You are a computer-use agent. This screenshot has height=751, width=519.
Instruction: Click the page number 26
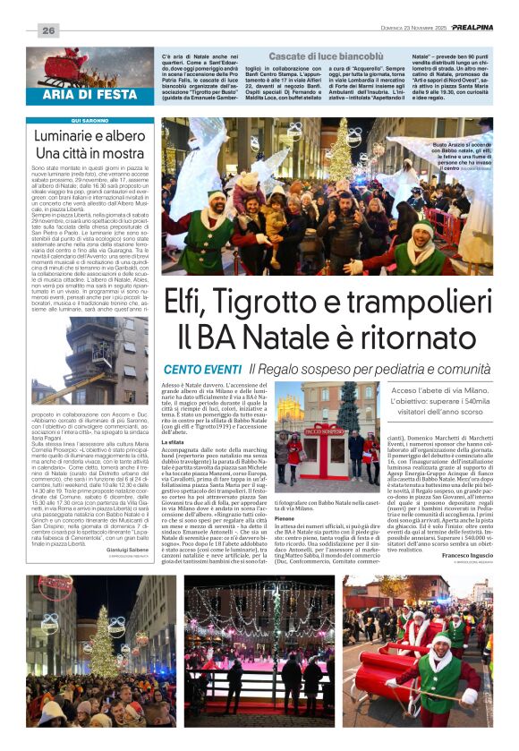click(47, 30)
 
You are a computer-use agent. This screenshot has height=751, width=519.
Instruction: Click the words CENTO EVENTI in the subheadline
click(202, 369)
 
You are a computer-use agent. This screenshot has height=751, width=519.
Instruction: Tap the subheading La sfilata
click(174, 441)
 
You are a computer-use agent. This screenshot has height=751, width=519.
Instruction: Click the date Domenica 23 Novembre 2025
click(397, 29)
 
